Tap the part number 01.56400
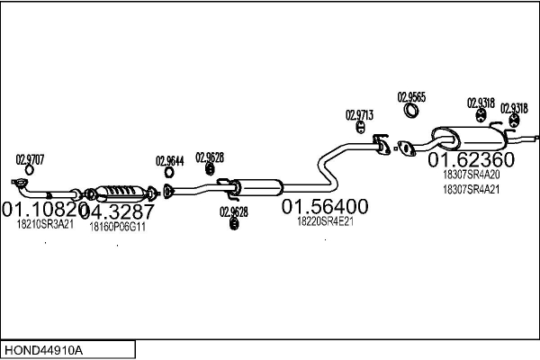pyautogui.click(x=325, y=207)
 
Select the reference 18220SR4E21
pyautogui.click(x=324, y=221)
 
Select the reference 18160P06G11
pyautogui.click(x=117, y=227)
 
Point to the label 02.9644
pyautogui.click(x=169, y=161)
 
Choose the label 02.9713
pyautogui.click(x=359, y=114)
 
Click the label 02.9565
pyautogui.click(x=411, y=96)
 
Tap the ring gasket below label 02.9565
pyautogui.click(x=411, y=112)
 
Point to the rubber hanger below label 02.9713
pyautogui.click(x=359, y=135)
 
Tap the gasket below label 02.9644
pyautogui.click(x=168, y=190)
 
